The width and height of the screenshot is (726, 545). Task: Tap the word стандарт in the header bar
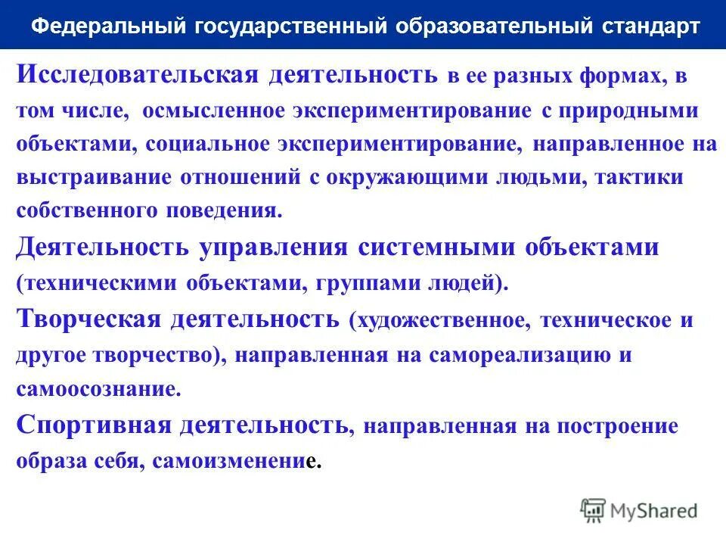[x=651, y=26]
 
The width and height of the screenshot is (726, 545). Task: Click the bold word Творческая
[x=88, y=319]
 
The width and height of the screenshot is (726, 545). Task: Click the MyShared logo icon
[x=594, y=510]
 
